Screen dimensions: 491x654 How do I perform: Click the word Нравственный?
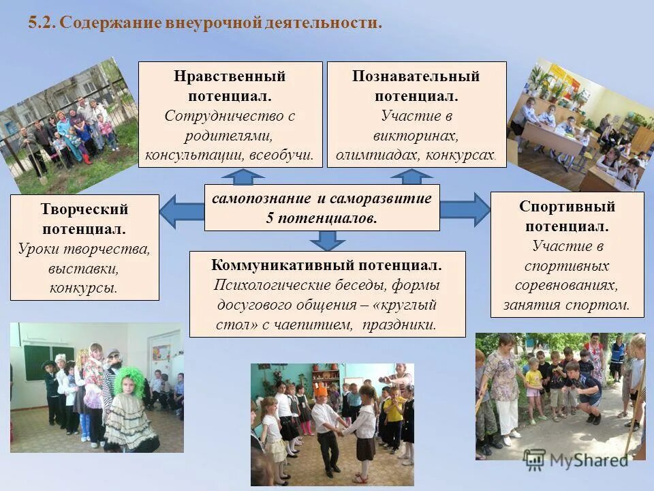click(x=230, y=76)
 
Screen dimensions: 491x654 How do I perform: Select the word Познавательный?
click(x=416, y=76)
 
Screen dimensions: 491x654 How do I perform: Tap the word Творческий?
click(x=84, y=209)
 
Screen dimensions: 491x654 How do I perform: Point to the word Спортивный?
click(x=567, y=206)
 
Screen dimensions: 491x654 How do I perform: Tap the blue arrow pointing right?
click(x=466, y=209)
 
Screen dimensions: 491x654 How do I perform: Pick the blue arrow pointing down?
click(x=328, y=240)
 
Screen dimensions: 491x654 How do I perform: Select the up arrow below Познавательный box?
click(x=411, y=177)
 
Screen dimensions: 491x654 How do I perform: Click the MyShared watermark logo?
click(x=576, y=459)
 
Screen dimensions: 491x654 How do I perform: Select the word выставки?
click(x=84, y=268)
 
